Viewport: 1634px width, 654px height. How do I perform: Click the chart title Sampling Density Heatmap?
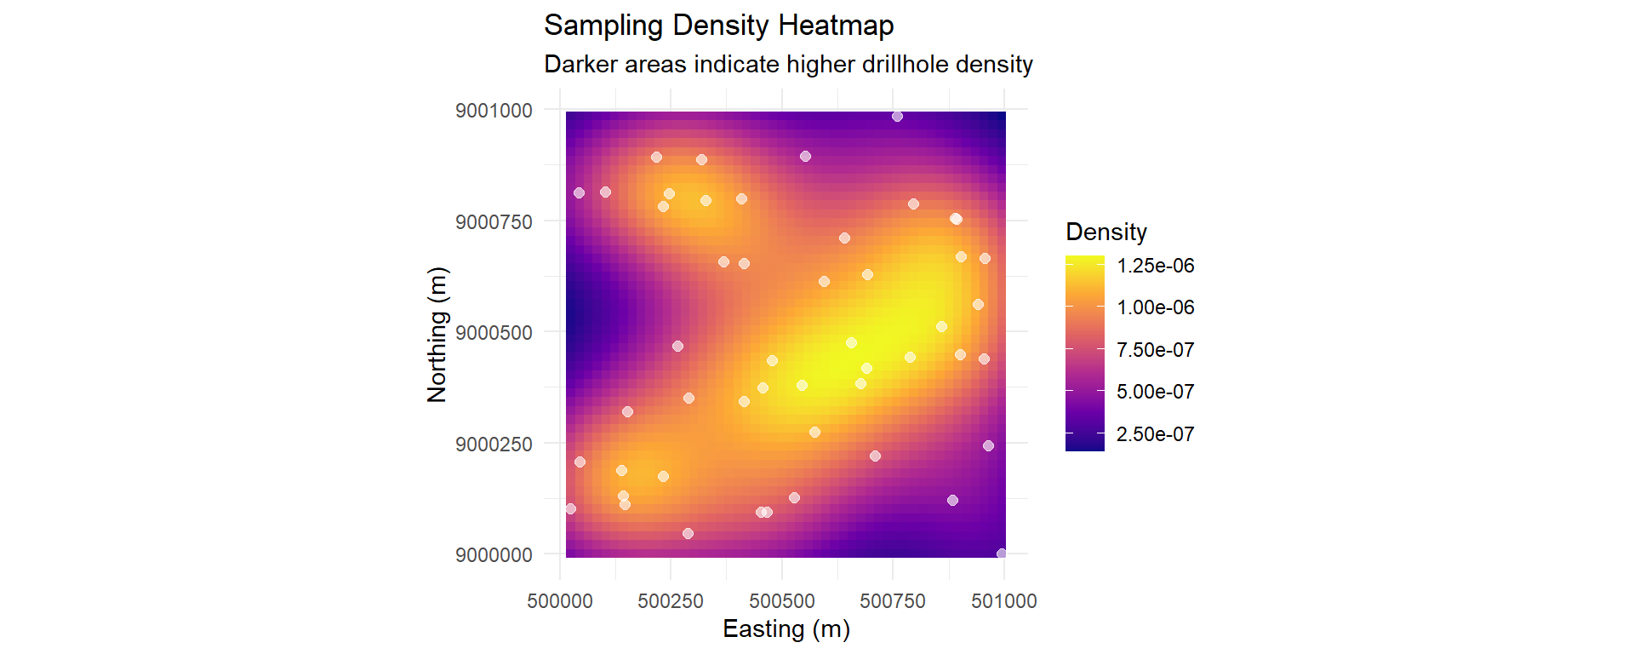coord(718,26)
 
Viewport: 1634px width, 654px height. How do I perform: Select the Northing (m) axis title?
coord(437,334)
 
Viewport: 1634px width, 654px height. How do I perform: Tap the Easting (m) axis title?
coord(786,628)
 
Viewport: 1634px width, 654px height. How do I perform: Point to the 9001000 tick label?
coord(494,111)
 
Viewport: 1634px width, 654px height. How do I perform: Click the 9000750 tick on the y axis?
coord(494,222)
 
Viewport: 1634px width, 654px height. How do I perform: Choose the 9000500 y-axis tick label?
coord(494,333)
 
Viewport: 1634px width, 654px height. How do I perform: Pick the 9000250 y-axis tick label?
coord(494,445)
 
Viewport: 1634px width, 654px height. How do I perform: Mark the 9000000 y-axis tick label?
coord(494,555)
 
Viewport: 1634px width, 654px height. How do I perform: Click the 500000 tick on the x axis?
coord(560,601)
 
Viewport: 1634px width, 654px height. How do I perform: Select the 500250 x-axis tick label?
coord(671,601)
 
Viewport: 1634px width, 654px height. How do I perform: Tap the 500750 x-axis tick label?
coord(893,601)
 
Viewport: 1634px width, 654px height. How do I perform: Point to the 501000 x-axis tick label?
coord(1004,601)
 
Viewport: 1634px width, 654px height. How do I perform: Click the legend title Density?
coord(1106,232)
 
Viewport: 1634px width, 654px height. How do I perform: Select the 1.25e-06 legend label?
coord(1155,266)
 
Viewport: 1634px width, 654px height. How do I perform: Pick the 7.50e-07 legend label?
coord(1155,350)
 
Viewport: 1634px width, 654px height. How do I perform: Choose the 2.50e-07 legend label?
coord(1155,434)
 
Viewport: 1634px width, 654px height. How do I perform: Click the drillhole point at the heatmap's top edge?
coord(897,117)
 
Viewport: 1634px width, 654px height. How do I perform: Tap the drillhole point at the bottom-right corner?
coord(1002,554)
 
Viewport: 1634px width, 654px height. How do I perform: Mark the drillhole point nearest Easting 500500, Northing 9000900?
coord(805,157)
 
